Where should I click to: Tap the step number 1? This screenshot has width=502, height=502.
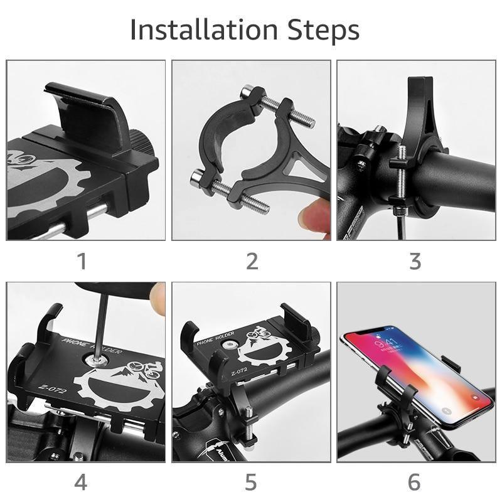(82, 261)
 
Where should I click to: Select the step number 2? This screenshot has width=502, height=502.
(252, 261)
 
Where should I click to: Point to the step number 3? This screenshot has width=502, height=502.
(415, 261)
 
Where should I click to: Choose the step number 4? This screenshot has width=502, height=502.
(81, 482)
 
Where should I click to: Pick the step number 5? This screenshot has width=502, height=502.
(251, 482)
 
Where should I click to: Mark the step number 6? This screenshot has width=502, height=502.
(414, 482)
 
